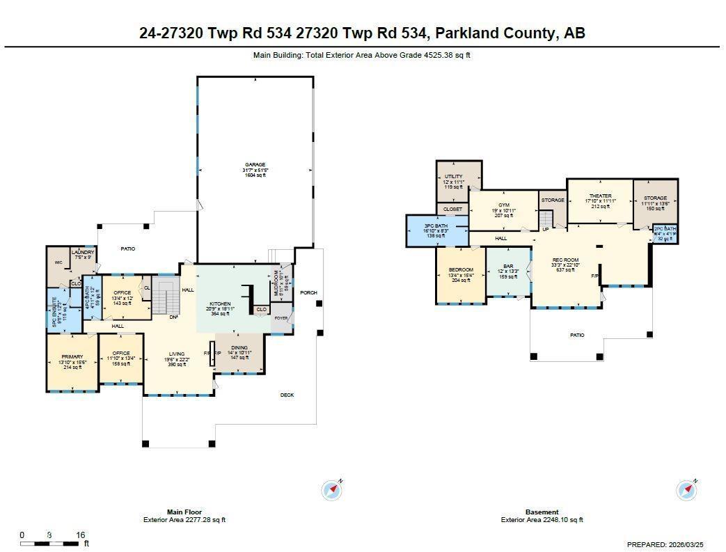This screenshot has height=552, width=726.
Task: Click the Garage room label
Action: click(x=255, y=165)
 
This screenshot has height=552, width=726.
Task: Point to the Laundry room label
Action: click(x=84, y=252)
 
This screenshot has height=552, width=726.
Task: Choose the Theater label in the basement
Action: click(x=599, y=196)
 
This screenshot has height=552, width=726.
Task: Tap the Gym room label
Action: click(x=504, y=205)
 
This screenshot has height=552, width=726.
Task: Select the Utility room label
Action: click(x=453, y=177)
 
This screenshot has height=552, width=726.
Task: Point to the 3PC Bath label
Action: click(x=436, y=226)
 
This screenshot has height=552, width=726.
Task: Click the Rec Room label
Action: click(x=565, y=260)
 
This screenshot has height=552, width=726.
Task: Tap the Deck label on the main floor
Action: click(x=287, y=395)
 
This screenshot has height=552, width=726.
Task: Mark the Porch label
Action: click(x=308, y=292)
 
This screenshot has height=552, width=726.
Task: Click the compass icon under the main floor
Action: click(x=333, y=490)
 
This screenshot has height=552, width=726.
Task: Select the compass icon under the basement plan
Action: click(x=686, y=490)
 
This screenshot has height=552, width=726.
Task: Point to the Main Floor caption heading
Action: click(x=184, y=512)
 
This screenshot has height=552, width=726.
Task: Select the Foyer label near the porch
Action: click(x=281, y=318)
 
